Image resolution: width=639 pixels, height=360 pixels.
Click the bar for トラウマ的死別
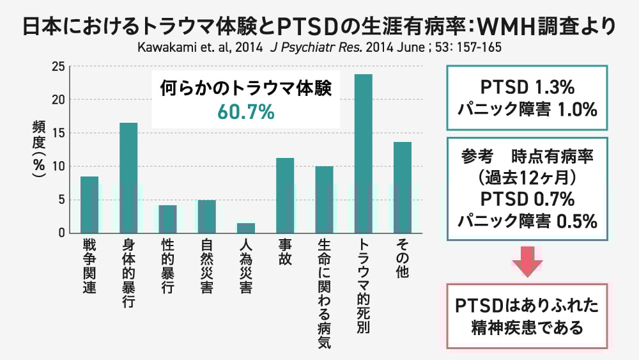(x=364, y=153)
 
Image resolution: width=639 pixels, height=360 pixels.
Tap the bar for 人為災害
(x=246, y=228)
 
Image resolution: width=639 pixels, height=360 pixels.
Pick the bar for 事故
(x=285, y=195)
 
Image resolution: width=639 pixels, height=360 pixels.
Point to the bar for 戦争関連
(x=89, y=205)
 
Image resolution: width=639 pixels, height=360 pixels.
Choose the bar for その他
(x=403, y=187)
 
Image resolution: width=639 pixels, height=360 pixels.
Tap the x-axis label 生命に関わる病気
(x=324, y=294)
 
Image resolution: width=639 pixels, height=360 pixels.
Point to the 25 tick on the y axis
(x=58, y=67)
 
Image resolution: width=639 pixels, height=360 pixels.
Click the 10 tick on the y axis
(x=58, y=166)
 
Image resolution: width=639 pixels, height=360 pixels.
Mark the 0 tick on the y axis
(x=61, y=233)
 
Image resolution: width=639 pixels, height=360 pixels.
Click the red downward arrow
(x=527, y=260)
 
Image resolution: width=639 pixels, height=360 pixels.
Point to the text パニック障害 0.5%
(x=527, y=221)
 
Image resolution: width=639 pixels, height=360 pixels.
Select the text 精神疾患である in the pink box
(x=527, y=329)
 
